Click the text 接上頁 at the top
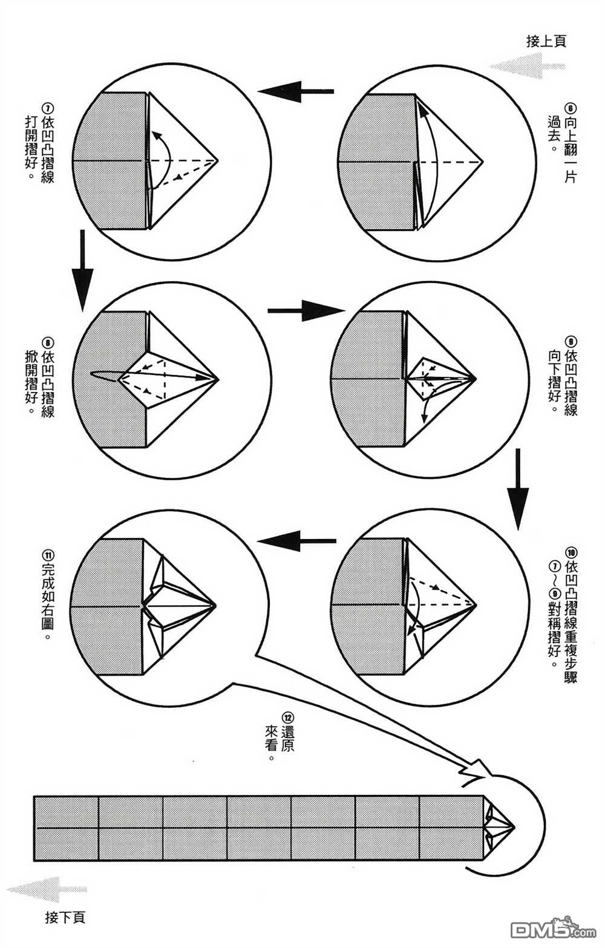pyautogui.click(x=546, y=41)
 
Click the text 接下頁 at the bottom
pyautogui.click(x=65, y=917)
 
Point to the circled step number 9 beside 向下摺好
pyautogui.click(x=570, y=341)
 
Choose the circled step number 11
pyautogui.click(x=48, y=552)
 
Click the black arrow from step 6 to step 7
pyautogui.click(x=296, y=91)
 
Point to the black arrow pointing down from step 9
pyautogui.click(x=518, y=487)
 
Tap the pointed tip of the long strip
pyautogui.click(x=513, y=826)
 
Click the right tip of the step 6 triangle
pyautogui.click(x=483, y=162)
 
